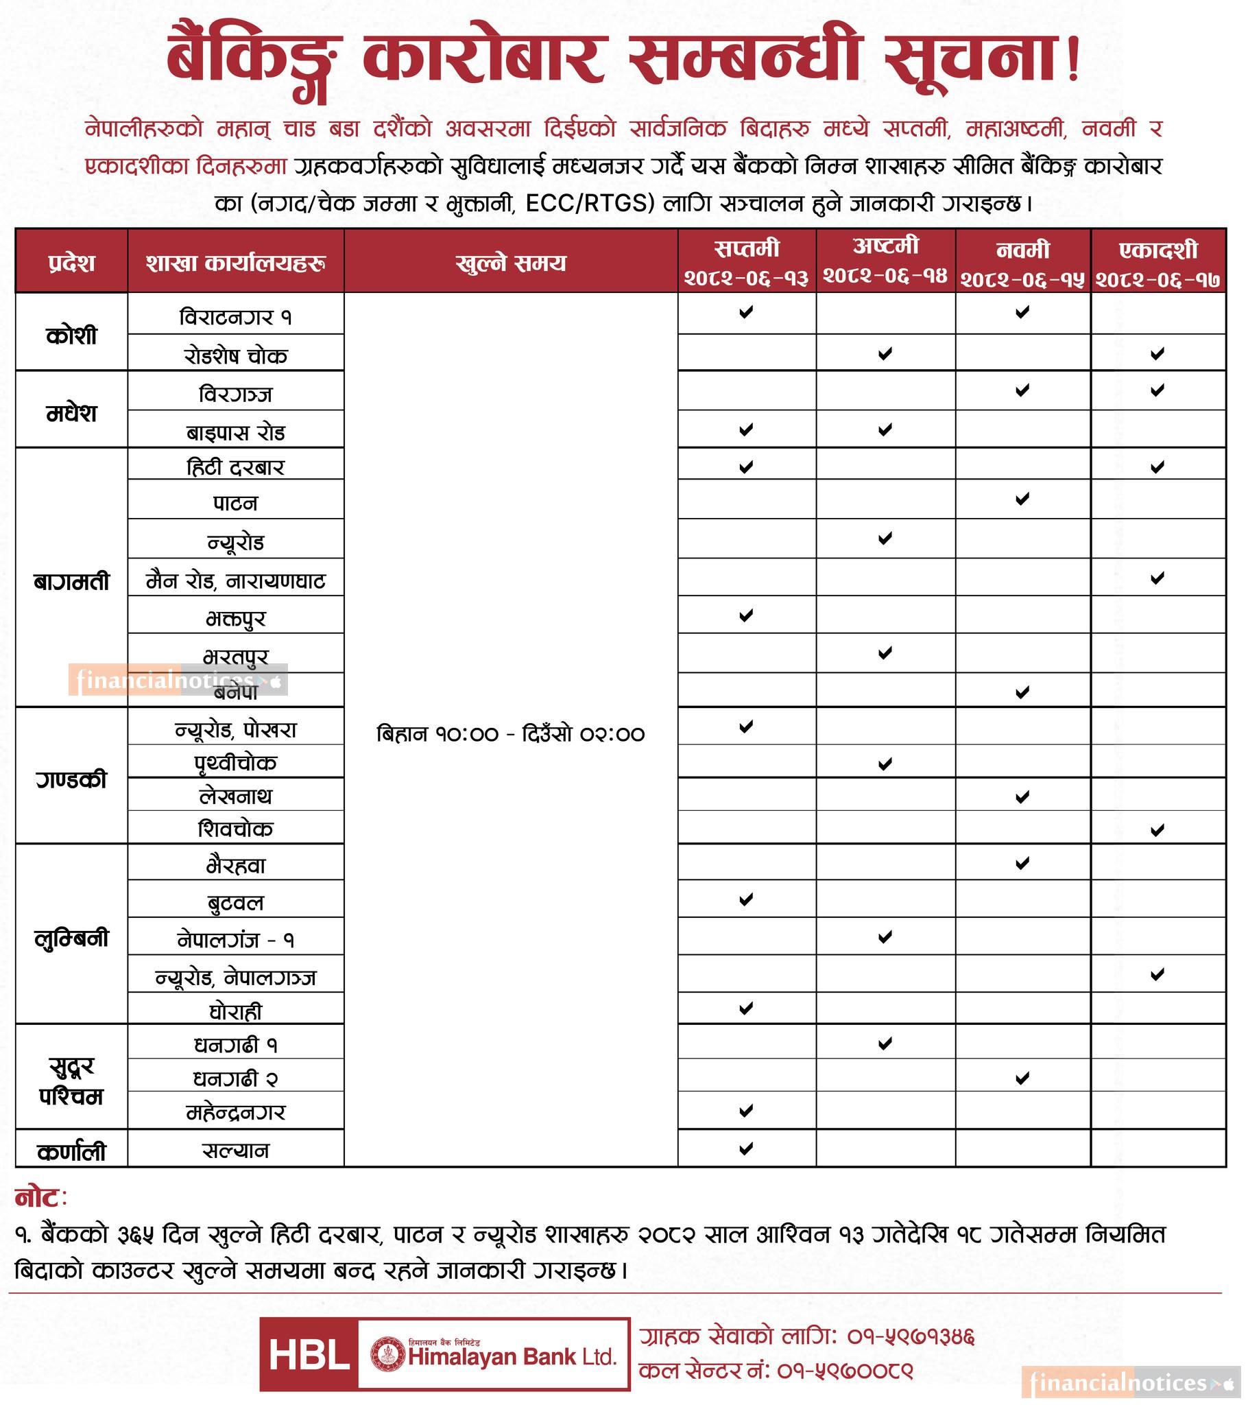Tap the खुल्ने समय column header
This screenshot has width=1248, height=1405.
[x=510, y=263]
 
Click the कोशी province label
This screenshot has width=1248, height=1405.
[x=71, y=335]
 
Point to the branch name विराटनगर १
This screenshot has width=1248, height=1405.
[x=236, y=317]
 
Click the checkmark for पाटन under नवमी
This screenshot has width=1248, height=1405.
[x=1022, y=498]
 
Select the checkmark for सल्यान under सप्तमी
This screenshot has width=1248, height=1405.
[x=745, y=1148]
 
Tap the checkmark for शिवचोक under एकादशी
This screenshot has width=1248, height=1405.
[x=1157, y=829]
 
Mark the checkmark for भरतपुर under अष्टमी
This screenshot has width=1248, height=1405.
[x=885, y=652]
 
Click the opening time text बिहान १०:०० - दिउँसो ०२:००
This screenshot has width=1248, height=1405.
[x=511, y=734]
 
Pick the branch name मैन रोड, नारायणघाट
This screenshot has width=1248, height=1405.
[x=236, y=582]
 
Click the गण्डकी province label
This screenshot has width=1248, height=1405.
[x=71, y=780]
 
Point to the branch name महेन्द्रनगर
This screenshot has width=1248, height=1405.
[x=236, y=1111]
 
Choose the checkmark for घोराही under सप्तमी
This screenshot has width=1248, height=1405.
[x=745, y=1008]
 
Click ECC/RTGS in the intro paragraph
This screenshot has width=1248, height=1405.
[x=590, y=204]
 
